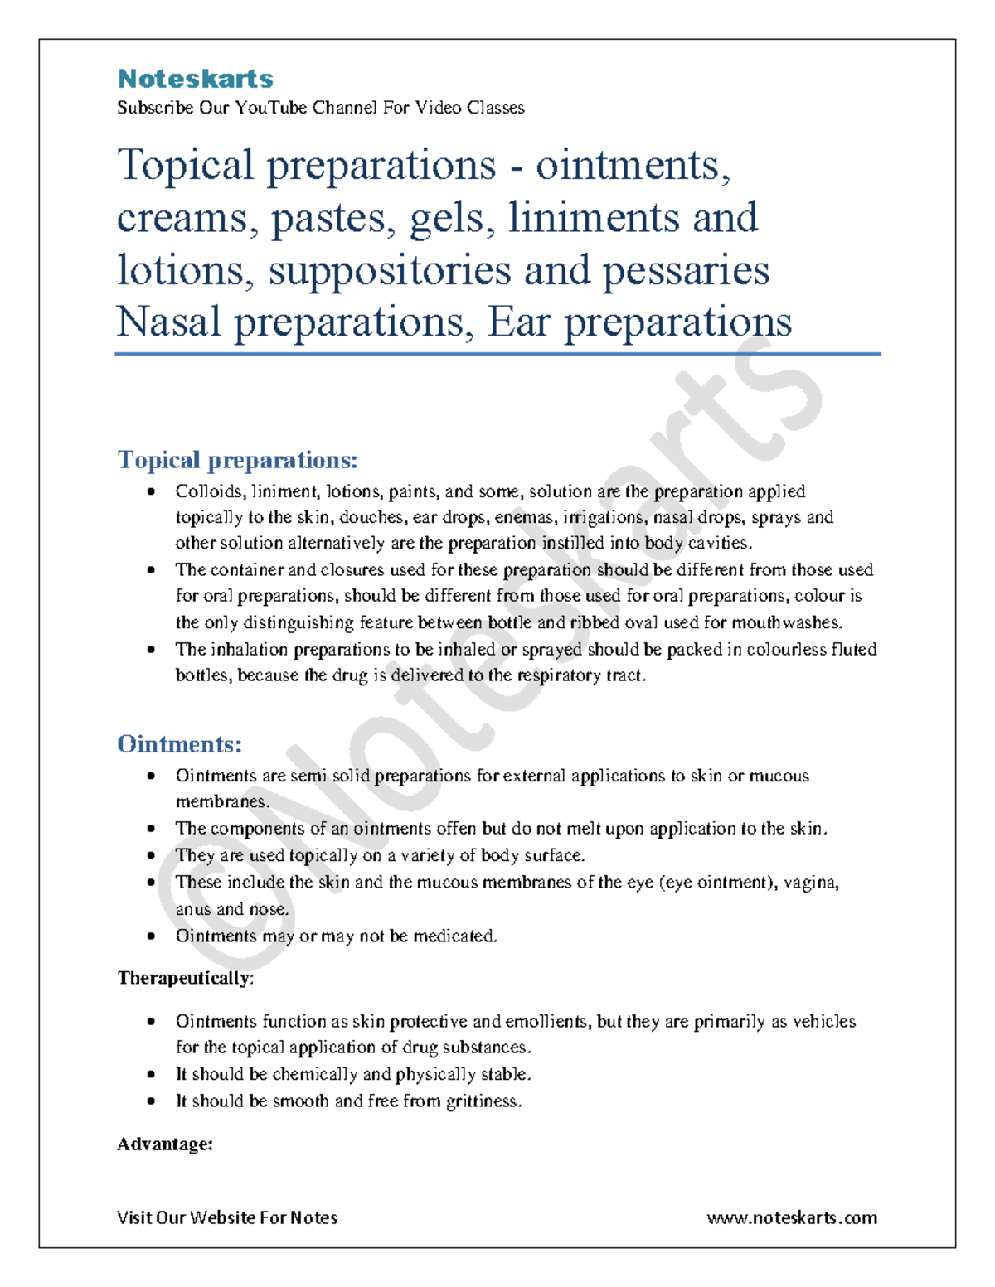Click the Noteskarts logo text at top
(x=195, y=79)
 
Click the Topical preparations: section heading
(x=237, y=459)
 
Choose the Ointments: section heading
(x=179, y=743)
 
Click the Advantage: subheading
(x=165, y=1144)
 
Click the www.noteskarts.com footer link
(x=792, y=1217)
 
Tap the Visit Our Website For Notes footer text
(x=227, y=1217)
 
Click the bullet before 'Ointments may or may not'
(x=151, y=936)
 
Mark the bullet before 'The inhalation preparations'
(x=151, y=650)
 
